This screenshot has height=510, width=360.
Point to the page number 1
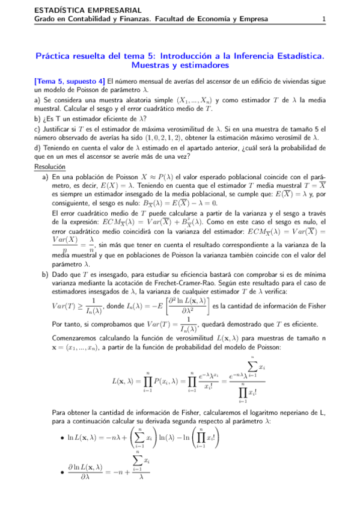point(323,19)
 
